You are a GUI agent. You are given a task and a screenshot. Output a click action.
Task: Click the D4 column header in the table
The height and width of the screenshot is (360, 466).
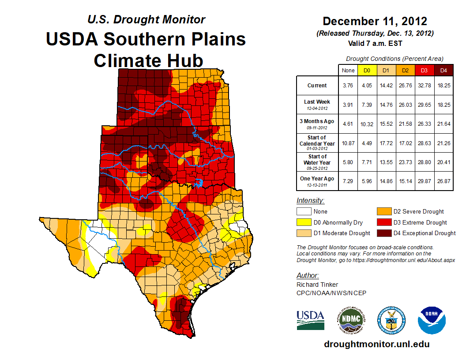click(x=443, y=70)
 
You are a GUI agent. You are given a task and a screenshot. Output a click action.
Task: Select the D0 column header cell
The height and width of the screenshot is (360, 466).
click(x=367, y=70)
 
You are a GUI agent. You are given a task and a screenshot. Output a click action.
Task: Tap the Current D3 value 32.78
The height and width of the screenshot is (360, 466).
click(x=424, y=86)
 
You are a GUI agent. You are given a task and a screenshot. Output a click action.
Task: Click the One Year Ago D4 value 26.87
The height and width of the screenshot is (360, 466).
click(x=443, y=181)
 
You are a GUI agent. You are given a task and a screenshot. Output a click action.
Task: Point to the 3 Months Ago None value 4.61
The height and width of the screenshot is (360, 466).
click(x=348, y=124)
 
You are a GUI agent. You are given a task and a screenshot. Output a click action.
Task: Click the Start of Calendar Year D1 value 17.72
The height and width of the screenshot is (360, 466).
click(x=386, y=143)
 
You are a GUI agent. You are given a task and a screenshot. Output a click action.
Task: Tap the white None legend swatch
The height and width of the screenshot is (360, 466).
click(x=304, y=212)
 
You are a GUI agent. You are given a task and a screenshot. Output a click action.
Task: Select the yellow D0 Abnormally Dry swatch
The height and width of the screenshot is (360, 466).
click(x=304, y=222)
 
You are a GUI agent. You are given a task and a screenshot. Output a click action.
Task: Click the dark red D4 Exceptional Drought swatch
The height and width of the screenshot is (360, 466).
click(x=383, y=233)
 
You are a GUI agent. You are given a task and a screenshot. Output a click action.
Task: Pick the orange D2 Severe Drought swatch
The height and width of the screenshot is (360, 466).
click(x=383, y=212)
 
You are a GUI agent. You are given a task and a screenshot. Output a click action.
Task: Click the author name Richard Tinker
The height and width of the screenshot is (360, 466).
click(x=317, y=285)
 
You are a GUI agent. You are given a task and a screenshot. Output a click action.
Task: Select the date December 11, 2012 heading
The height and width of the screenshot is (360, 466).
click(x=375, y=21)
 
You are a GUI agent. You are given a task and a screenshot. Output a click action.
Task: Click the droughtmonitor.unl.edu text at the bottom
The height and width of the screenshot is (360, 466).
click(x=376, y=344)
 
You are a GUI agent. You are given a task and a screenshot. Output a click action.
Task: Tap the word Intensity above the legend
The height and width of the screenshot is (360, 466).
click(x=310, y=201)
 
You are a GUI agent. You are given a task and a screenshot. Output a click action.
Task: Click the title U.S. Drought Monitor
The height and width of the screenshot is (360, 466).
click(x=146, y=20)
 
